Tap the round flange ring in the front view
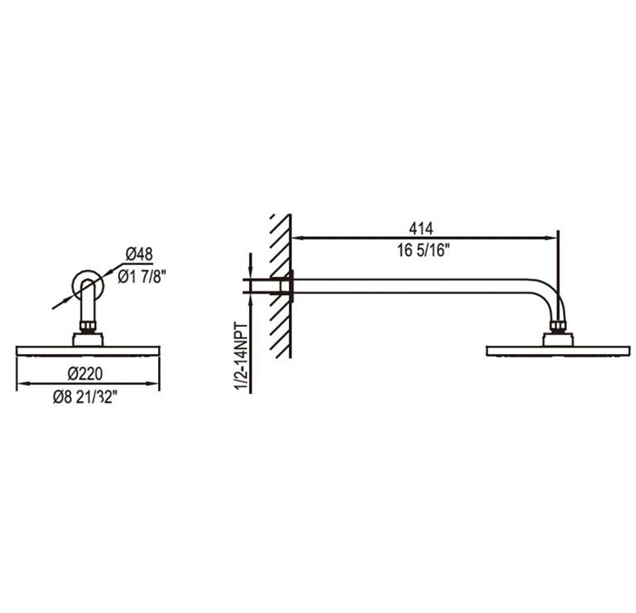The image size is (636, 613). pos(88,282)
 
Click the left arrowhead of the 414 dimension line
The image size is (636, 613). pos(299,239)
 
